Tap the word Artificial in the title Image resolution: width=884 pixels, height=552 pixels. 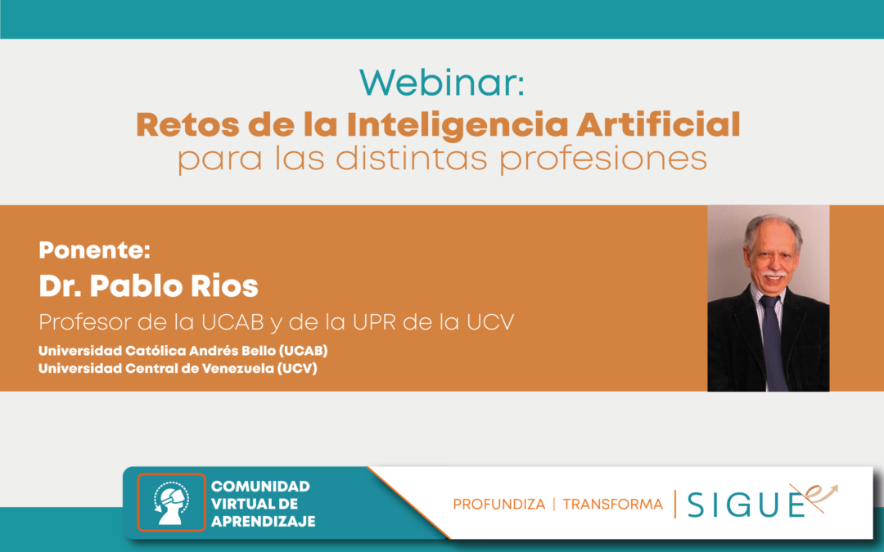(x=658, y=124)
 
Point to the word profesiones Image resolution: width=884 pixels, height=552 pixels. (x=602, y=159)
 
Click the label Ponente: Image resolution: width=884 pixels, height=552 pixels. (x=94, y=249)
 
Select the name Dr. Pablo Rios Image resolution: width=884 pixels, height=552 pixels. (x=148, y=285)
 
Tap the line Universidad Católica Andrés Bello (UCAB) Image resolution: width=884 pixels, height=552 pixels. (x=183, y=350)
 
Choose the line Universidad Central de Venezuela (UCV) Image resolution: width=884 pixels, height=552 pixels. (x=178, y=368)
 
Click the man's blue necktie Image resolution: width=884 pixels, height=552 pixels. (x=773, y=341)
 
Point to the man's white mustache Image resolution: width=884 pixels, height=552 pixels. (x=773, y=274)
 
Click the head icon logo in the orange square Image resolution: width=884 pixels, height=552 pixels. (x=171, y=502)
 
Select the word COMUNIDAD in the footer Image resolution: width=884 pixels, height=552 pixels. (x=260, y=486)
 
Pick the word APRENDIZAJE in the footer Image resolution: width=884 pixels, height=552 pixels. (x=263, y=522)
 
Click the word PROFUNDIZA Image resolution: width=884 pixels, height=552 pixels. (x=499, y=504)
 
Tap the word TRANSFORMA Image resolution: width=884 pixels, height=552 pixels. (x=613, y=504)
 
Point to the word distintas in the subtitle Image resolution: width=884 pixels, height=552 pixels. (x=412, y=158)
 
